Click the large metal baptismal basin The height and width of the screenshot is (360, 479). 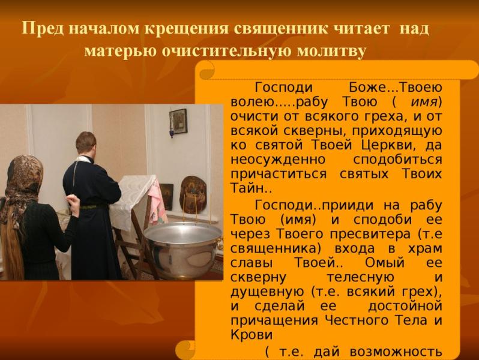pyautogui.click(x=182, y=240)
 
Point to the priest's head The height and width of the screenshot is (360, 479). pyautogui.click(x=86, y=143)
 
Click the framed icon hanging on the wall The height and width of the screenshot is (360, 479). pyautogui.click(x=178, y=122)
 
